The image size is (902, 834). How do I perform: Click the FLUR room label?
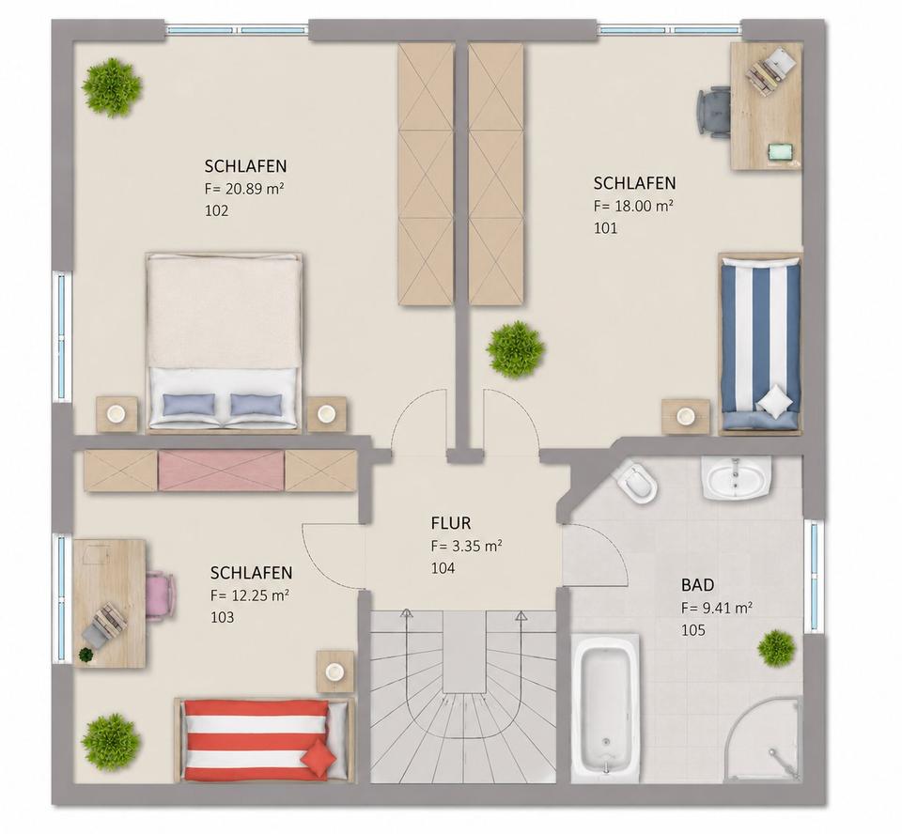coord(450,523)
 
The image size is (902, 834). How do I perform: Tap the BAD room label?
coord(697,585)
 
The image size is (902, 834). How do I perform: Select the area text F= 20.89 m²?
coord(245,189)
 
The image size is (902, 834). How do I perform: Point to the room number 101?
coord(605,228)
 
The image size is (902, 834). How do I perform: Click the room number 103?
coord(222,617)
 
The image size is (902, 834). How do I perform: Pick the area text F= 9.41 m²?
coord(717,608)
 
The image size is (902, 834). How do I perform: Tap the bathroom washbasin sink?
coord(736,478)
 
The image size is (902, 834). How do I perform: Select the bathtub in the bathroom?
coord(606,708)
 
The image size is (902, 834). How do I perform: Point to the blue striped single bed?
coord(760,344)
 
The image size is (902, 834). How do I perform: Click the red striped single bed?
coord(265,740)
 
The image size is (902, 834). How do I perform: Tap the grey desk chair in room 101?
coord(714,111)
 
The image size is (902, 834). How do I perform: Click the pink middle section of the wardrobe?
coord(222,471)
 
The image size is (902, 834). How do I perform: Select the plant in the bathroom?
coord(777,648)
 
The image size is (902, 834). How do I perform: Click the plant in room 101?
coord(516,349)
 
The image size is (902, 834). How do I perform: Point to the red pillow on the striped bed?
coord(321,752)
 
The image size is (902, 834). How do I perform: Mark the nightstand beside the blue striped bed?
coord(685,416)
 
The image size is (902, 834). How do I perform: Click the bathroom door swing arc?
coord(611,548)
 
